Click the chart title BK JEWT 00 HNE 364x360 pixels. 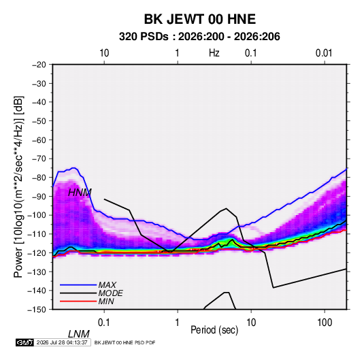(200, 19)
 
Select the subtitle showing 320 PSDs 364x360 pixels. (199, 37)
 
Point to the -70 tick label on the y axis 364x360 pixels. (39, 159)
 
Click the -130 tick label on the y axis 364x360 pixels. (37, 272)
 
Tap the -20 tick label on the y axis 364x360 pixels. (39, 65)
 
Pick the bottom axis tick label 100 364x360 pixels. (325, 323)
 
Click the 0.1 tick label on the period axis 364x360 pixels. (103, 323)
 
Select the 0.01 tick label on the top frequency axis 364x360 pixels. (324, 53)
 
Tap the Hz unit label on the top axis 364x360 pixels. (214, 53)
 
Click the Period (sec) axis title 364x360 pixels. (214, 330)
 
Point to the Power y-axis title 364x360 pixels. (18, 186)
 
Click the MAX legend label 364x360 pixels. (107, 284)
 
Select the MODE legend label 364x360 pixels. (110, 293)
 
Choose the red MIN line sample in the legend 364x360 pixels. (78, 301)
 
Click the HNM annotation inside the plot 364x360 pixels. (80, 193)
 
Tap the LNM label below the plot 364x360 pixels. (78, 334)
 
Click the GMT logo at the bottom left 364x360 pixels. (25, 342)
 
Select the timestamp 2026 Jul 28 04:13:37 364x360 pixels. (62, 342)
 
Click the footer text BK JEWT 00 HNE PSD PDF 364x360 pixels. (125, 342)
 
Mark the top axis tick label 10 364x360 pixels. (104, 53)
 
